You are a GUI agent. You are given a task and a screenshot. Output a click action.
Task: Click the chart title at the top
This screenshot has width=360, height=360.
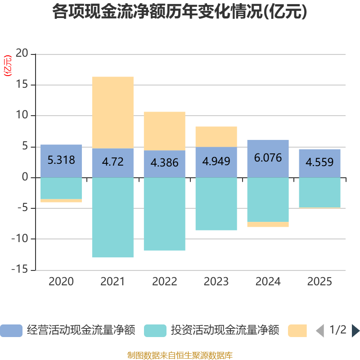point(180,12)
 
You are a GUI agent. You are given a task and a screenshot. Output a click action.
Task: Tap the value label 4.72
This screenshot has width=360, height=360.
point(112,162)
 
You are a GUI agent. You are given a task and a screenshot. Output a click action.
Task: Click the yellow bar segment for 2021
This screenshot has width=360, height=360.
point(112,112)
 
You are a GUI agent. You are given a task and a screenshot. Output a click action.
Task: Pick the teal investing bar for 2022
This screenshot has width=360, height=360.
point(164,214)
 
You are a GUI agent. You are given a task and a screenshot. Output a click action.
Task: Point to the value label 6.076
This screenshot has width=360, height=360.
point(268,158)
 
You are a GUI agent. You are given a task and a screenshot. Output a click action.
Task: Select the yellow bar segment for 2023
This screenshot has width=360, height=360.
point(216,137)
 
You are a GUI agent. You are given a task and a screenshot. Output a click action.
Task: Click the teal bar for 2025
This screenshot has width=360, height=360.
point(319,193)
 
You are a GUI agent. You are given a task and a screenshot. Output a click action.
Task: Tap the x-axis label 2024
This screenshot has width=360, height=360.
point(268,282)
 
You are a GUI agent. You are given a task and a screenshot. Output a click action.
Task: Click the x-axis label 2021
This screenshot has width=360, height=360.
point(112,282)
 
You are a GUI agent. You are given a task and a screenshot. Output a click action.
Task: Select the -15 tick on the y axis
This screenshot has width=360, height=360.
point(20,270)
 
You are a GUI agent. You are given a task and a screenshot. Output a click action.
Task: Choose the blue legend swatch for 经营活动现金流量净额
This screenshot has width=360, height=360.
point(11,331)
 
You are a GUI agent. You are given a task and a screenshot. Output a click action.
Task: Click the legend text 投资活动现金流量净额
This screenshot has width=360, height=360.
point(225,331)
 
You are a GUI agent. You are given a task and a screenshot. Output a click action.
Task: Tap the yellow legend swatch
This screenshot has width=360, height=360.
point(297,331)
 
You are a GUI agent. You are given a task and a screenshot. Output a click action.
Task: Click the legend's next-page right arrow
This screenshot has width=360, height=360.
point(355,331)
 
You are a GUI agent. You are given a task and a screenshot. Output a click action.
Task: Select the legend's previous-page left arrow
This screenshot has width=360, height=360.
point(320,331)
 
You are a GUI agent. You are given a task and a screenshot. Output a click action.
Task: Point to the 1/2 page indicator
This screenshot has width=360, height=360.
point(338,330)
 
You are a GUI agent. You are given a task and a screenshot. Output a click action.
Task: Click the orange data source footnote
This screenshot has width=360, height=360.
point(180,355)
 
